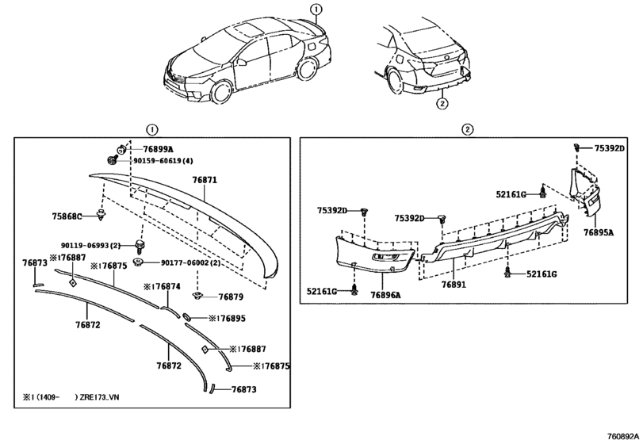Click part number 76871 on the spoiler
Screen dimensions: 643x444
(205, 180)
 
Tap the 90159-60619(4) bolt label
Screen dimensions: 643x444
(163, 161)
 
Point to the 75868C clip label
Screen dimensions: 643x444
(67, 216)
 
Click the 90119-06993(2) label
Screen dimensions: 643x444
(90, 246)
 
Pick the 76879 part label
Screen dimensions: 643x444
(231, 297)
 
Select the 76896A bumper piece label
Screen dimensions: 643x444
(386, 295)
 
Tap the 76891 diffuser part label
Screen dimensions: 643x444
(454, 284)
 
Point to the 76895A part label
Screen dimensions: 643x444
(599, 232)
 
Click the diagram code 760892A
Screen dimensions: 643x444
(622, 436)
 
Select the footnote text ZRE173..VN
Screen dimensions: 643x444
(100, 397)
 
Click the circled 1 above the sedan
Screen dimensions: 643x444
(316, 9)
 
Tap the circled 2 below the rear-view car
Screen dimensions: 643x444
(442, 104)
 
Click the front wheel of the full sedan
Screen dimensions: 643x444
(221, 92)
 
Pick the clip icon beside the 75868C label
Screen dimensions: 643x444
(101, 215)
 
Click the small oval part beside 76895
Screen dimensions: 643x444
(186, 316)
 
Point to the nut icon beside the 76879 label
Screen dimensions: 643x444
(197, 296)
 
